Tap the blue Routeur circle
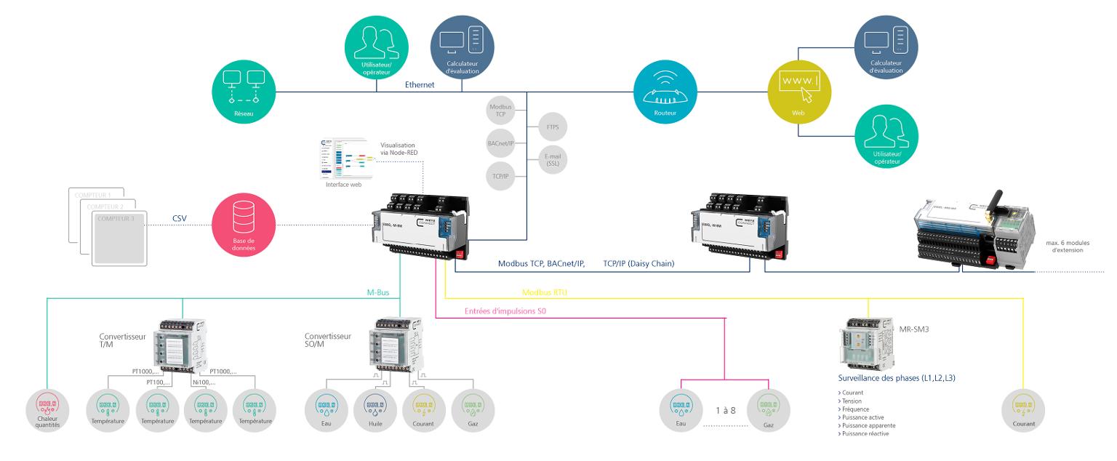pyautogui.click(x=661, y=91)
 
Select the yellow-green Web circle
pyautogui.click(x=798, y=91)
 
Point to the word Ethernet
pyautogui.click(x=420, y=85)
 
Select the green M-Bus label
pyautogui.click(x=378, y=292)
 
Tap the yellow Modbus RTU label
pyautogui.click(x=545, y=292)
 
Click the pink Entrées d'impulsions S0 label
pyautogui.click(x=505, y=312)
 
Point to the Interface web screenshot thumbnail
pyautogui.click(x=345, y=159)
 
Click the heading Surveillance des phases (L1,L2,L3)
pyautogui.click(x=895, y=378)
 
